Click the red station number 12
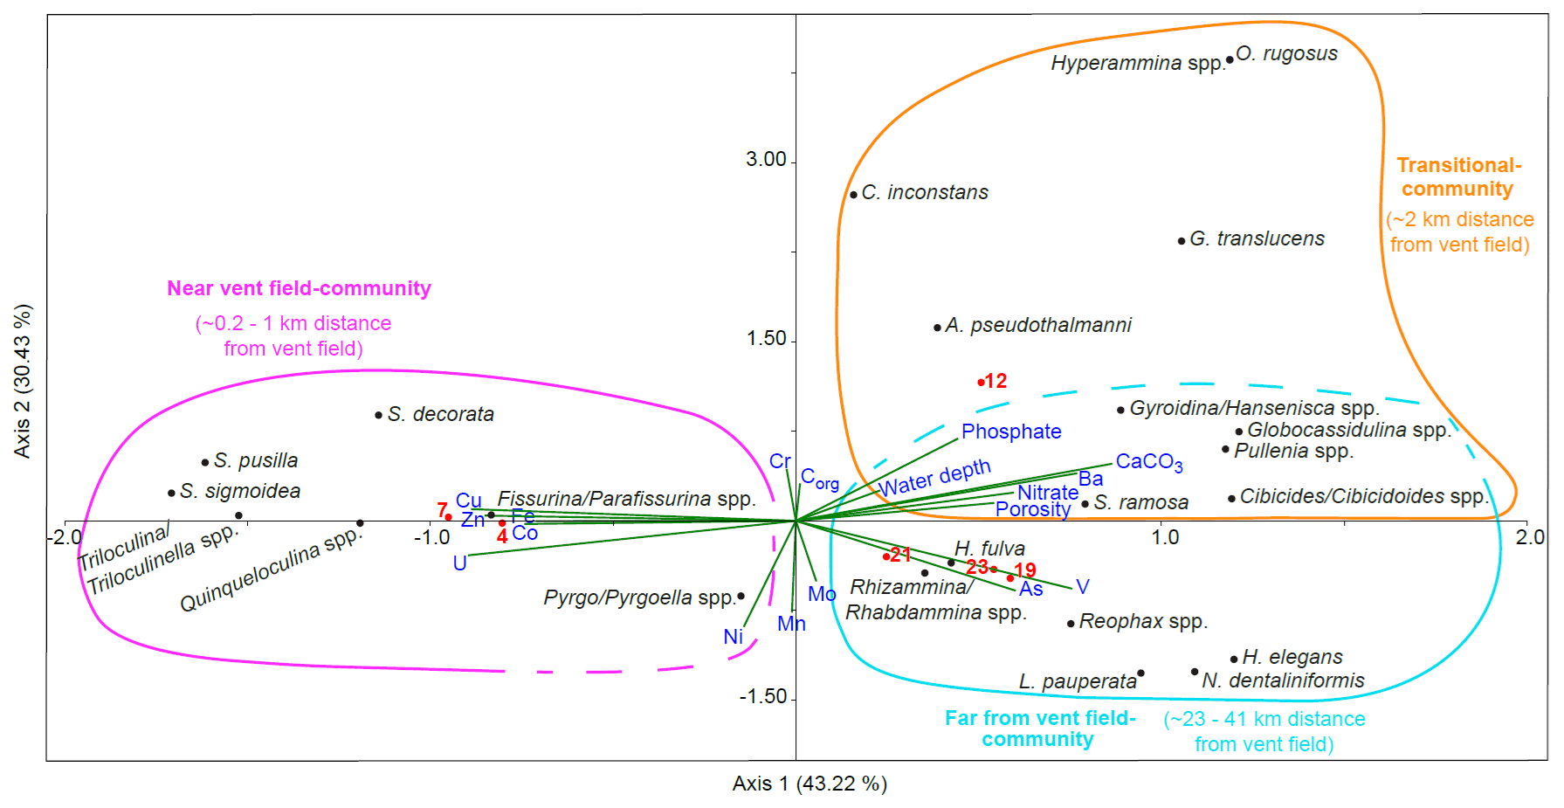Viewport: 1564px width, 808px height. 996,381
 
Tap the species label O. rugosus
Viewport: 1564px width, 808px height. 1286,53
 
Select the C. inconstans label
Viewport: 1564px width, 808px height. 925,192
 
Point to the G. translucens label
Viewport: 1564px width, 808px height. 1257,238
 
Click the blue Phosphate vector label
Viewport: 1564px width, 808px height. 1011,432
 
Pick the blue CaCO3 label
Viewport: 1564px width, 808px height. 1149,462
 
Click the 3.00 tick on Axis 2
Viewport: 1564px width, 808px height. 766,159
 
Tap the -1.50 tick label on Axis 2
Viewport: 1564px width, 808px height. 762,697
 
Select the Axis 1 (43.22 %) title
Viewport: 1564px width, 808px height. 810,784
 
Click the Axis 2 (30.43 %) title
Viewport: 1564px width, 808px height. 23,381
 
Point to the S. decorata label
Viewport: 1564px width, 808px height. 440,414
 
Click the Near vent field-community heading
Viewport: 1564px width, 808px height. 299,288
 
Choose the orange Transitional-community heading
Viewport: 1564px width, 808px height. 1458,177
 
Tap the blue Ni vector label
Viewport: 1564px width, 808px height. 733,637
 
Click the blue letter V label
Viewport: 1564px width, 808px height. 1083,587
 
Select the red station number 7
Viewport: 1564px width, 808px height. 442,509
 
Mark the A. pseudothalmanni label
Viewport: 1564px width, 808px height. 1037,325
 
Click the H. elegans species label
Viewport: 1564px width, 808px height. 1292,657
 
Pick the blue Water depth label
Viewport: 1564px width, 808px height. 934,478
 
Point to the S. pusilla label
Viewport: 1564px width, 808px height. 255,460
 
